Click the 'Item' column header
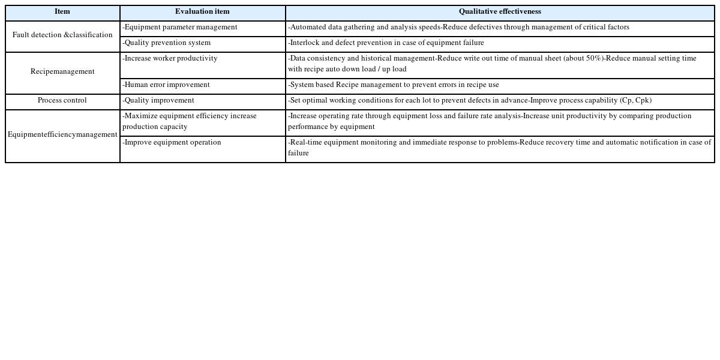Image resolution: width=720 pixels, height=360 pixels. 62,12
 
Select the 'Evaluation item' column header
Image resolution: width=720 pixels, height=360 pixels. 202,12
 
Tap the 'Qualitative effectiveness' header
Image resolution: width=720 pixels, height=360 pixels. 500,12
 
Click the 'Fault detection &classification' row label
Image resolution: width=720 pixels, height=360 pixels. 62,35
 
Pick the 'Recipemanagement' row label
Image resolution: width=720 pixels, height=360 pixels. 62,72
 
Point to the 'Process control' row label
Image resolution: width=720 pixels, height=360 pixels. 62,101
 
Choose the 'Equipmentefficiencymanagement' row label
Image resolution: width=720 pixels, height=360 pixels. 62,135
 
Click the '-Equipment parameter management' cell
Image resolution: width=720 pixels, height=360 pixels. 180,28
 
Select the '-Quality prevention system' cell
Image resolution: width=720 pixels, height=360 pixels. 167,43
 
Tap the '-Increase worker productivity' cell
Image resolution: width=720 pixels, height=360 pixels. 170,59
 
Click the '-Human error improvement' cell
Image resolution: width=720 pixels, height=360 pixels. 166,85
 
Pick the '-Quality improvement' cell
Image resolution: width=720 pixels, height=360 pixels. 158,101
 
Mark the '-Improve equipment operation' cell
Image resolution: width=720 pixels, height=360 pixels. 172,143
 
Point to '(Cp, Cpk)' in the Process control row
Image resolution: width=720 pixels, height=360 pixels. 635,101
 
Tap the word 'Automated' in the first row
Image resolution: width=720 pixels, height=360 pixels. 308,28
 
